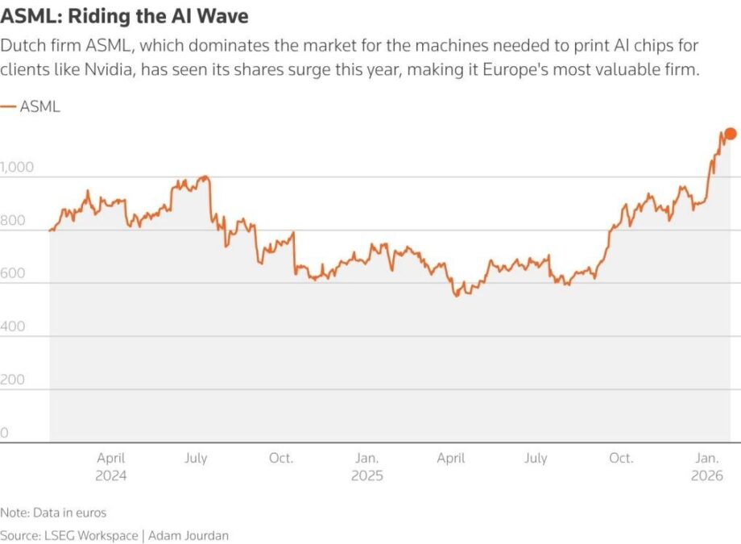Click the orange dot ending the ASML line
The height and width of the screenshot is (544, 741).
coord(730,134)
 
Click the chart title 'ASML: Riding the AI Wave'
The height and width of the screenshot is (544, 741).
coord(124,15)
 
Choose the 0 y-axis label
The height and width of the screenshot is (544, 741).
coord(4,433)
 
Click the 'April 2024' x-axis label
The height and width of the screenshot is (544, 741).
coord(111,467)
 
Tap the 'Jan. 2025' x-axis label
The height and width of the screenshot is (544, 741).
coord(367,467)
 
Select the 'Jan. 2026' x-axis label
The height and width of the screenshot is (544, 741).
coord(707,467)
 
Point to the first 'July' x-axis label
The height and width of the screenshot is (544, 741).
coord(196,459)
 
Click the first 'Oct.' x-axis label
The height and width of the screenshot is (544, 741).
coord(281,459)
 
